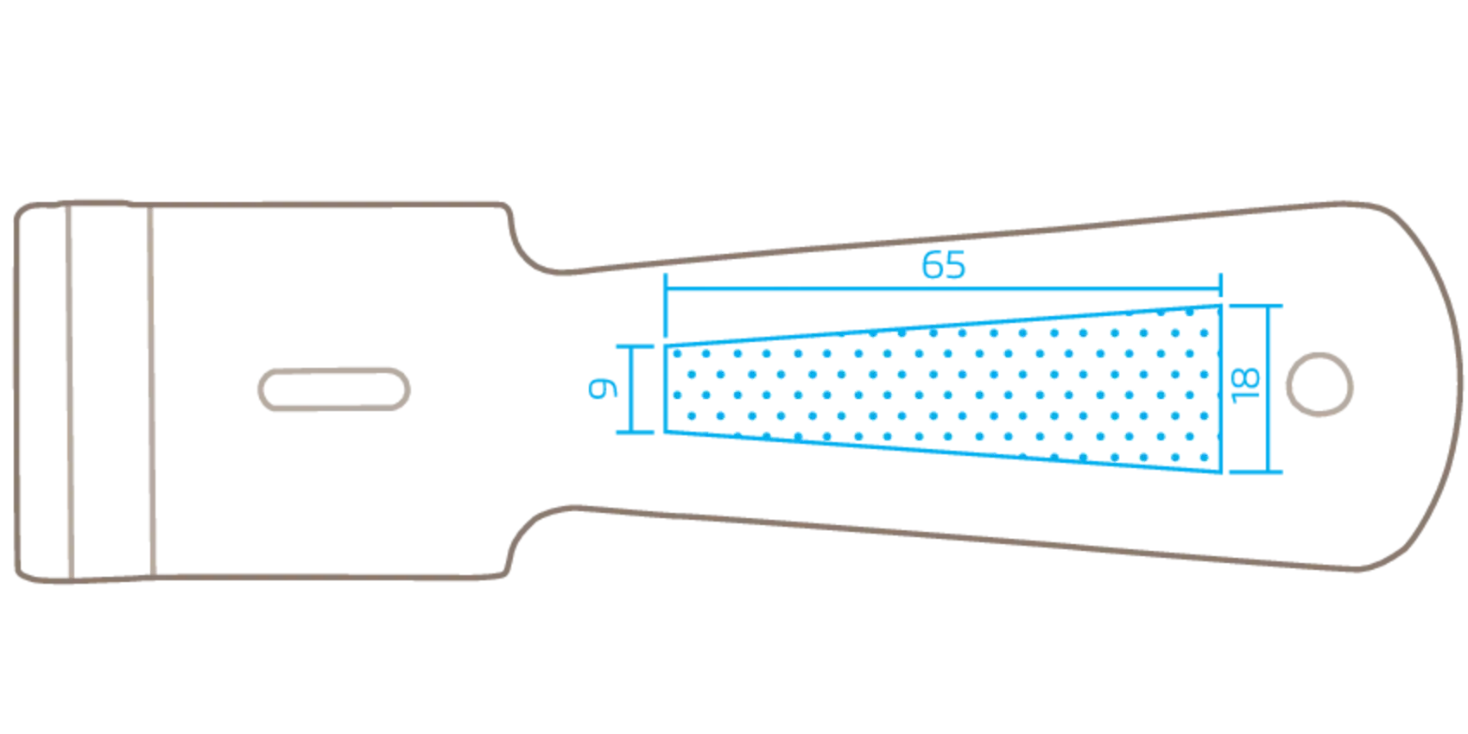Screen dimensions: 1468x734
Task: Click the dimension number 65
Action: [943, 265]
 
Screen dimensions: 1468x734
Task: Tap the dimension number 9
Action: [603, 388]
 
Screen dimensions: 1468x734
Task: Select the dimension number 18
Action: [1245, 386]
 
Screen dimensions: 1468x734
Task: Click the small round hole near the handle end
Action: [1319, 384]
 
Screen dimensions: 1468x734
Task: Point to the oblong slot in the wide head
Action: [333, 389]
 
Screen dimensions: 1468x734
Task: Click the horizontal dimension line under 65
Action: [943, 288]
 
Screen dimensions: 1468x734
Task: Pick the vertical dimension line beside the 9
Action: [631, 389]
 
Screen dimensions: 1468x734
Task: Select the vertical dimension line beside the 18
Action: [1269, 389]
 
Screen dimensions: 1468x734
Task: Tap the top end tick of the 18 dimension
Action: [1256, 306]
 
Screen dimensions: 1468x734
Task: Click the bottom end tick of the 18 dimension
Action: [1256, 471]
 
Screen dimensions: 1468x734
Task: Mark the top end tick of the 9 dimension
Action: [635, 346]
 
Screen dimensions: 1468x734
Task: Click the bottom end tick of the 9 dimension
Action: [635, 433]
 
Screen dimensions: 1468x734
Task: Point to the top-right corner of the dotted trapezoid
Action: [1221, 306]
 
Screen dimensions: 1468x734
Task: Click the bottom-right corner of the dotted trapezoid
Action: [1221, 471]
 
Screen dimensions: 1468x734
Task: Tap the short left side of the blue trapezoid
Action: [666, 389]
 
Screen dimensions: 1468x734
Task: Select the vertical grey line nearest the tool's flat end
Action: [69, 392]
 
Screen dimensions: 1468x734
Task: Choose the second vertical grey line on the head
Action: [151, 392]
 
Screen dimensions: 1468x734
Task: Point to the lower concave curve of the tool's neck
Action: [528, 528]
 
